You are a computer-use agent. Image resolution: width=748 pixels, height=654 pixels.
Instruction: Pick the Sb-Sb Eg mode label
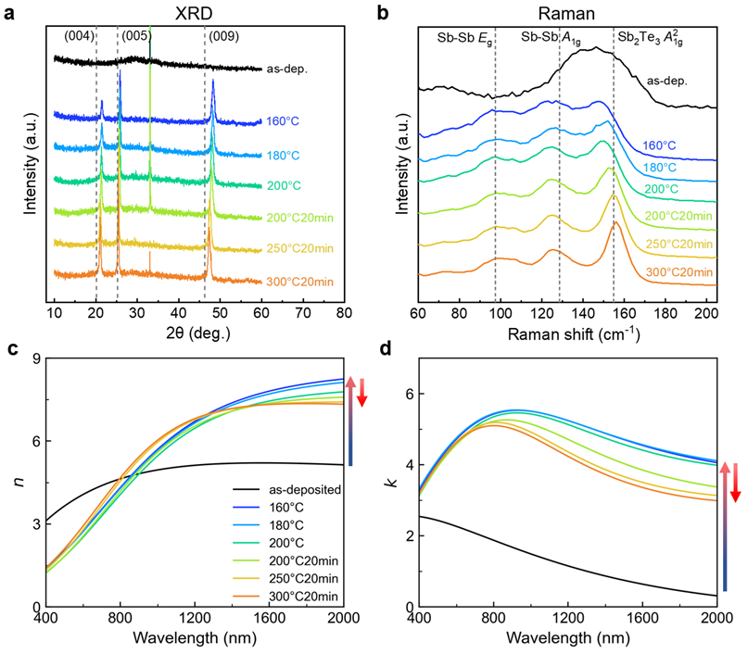468,39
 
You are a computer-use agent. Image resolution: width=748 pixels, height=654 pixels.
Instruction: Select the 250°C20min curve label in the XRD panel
296,247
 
